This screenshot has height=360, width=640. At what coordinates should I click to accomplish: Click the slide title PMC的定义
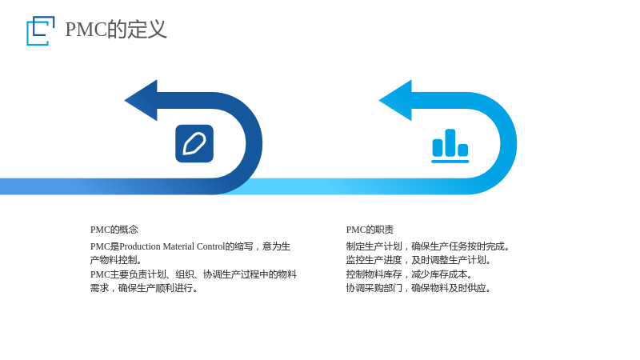click(x=116, y=30)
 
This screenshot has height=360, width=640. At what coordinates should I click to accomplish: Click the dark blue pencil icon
click(x=194, y=143)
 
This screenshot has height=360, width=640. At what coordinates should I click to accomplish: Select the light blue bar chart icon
click(x=450, y=146)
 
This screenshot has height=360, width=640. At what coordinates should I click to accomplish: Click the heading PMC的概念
click(x=114, y=230)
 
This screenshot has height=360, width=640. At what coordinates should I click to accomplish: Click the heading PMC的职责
click(x=370, y=230)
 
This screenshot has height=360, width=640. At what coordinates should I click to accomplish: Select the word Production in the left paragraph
click(x=140, y=246)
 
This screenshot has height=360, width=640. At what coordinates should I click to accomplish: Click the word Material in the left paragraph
click(x=178, y=246)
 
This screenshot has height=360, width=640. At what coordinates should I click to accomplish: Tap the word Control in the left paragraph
click(x=210, y=246)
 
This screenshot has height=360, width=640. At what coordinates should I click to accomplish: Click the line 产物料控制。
click(x=116, y=260)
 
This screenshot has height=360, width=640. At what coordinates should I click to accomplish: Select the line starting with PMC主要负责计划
click(x=194, y=274)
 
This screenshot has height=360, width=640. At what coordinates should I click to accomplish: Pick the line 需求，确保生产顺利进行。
click(x=144, y=288)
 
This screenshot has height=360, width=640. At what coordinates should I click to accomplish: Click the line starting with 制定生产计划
click(x=428, y=246)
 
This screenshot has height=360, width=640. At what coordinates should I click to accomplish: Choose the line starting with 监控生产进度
click(x=418, y=260)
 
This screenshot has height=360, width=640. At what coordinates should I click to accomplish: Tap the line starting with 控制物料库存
click(x=410, y=274)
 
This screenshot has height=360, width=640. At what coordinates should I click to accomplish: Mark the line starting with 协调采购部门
click(x=418, y=288)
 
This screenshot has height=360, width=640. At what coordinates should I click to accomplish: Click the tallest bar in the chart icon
click(x=450, y=142)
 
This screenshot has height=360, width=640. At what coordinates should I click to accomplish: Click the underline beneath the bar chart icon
click(x=450, y=162)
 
